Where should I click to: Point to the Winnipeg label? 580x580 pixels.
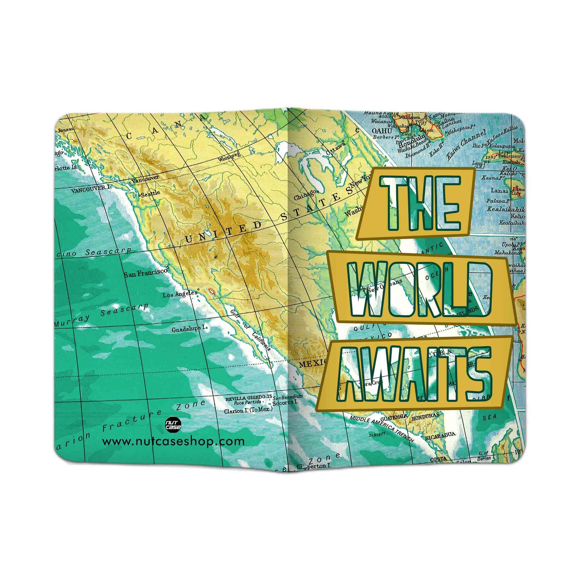(x=229, y=156)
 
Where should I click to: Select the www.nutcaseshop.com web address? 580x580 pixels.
(x=173, y=441)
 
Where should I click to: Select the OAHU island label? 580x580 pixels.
(x=382, y=131)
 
